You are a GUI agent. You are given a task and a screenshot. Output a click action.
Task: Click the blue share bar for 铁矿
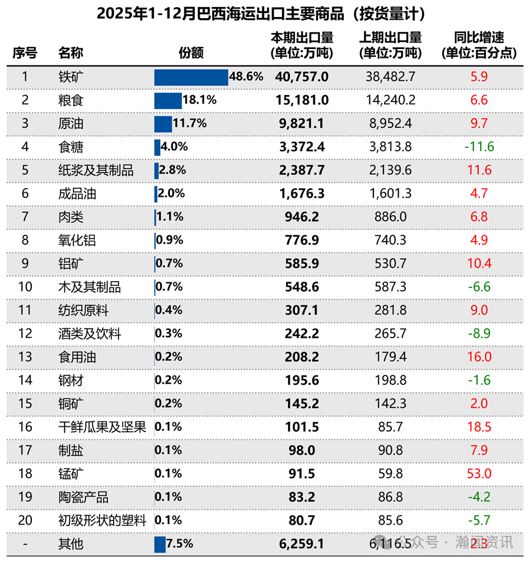point(191,77)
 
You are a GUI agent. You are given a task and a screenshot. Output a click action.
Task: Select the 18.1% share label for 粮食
point(200,100)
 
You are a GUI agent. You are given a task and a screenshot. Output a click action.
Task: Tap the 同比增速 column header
point(479,45)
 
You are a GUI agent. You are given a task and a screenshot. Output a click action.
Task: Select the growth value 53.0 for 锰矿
point(479,474)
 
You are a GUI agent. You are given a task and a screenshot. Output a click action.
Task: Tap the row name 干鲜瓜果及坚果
point(102,427)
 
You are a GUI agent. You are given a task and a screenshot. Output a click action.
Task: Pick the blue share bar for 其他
point(160,544)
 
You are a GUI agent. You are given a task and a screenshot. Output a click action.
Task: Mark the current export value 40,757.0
point(302,77)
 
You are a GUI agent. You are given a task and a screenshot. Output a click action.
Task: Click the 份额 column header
point(191,53)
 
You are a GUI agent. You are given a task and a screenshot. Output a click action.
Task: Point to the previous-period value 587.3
point(390,287)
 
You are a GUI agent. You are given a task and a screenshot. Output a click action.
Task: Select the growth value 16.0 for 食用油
point(479,357)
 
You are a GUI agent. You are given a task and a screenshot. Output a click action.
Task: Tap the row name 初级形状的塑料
point(102,521)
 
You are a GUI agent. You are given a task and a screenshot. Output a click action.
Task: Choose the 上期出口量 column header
point(390,45)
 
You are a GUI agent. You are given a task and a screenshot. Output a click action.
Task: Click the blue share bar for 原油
point(163,124)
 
